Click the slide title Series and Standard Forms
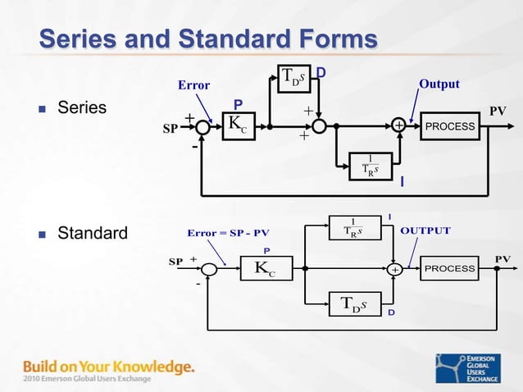(x=208, y=39)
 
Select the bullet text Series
(x=81, y=108)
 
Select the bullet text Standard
(x=92, y=234)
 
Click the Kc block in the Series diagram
(x=239, y=126)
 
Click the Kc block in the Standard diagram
(x=265, y=268)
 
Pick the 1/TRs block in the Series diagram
(x=371, y=165)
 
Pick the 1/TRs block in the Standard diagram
(x=352, y=227)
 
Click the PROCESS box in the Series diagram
(x=450, y=126)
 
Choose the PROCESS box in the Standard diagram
(x=450, y=268)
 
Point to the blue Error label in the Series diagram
(x=194, y=85)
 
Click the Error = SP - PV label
(x=228, y=232)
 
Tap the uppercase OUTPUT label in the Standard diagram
(x=425, y=230)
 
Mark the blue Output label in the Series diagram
(x=439, y=84)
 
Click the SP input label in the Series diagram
(x=170, y=130)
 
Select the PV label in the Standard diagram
(x=502, y=258)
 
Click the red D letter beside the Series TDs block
(x=321, y=74)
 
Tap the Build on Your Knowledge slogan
(x=108, y=366)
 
